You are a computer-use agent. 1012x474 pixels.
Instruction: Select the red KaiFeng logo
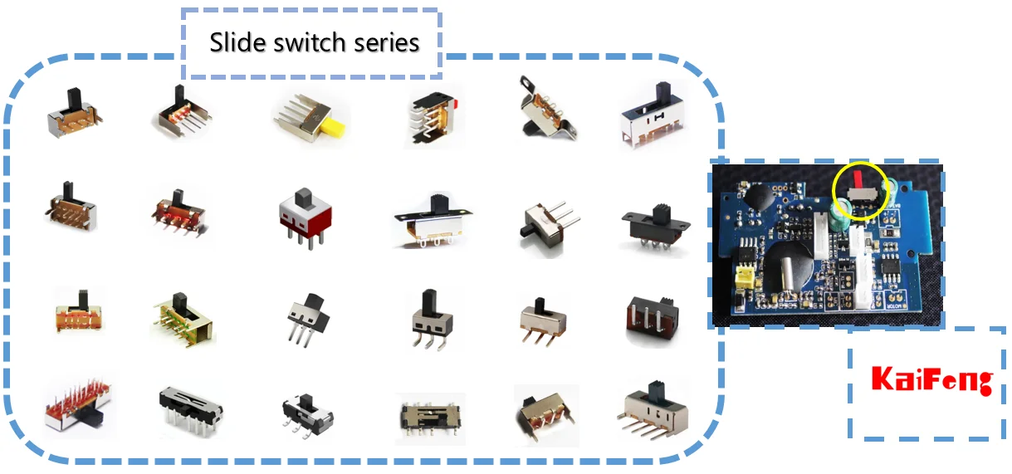click(931, 381)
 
